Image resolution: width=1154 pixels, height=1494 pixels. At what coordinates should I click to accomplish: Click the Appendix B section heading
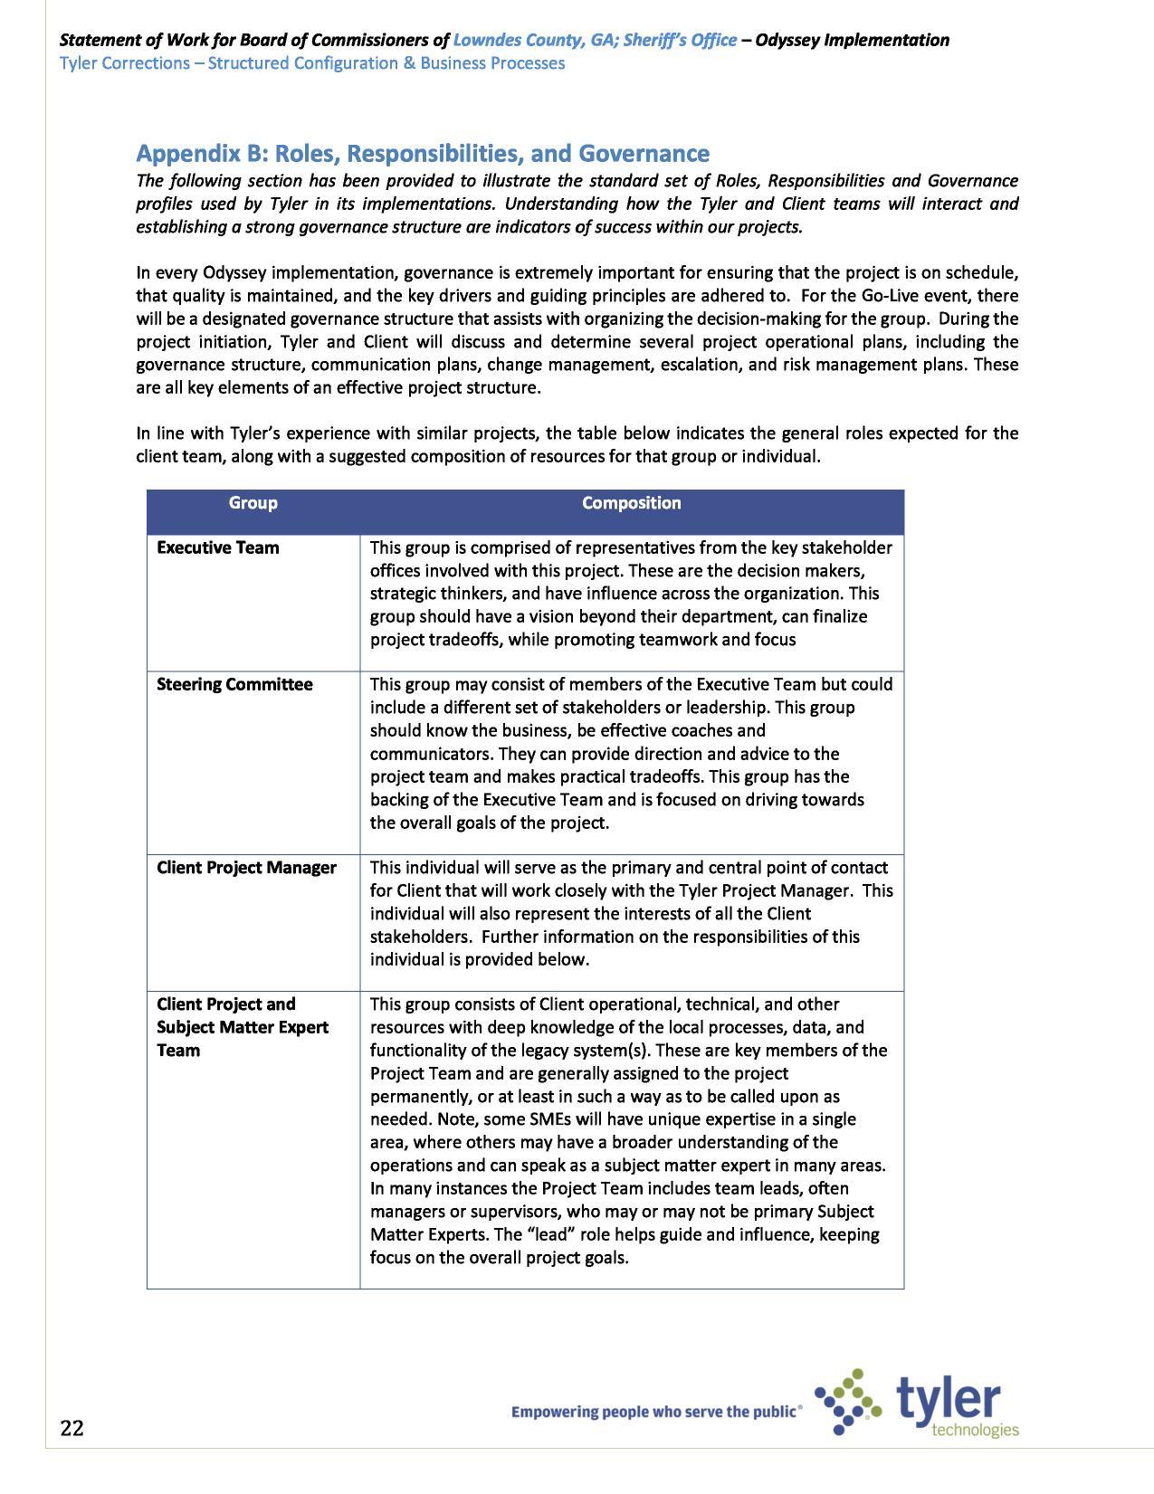tap(422, 153)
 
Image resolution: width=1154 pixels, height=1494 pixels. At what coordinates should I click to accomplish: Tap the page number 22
tap(72, 1428)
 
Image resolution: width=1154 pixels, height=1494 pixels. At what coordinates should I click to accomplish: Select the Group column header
tap(253, 503)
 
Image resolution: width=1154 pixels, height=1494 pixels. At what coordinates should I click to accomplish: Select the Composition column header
tap(631, 503)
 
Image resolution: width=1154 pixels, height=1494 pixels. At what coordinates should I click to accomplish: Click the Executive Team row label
tap(217, 547)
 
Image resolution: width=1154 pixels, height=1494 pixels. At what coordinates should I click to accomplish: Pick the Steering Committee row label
tap(234, 684)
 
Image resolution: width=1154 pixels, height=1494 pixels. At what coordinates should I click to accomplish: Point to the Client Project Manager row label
tap(246, 868)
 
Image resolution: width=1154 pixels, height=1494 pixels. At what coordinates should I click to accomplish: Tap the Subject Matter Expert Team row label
tap(242, 1027)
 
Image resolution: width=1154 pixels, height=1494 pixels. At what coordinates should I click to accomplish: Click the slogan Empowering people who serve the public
tap(655, 1411)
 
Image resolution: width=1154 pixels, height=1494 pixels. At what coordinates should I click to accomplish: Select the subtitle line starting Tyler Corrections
tap(311, 63)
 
